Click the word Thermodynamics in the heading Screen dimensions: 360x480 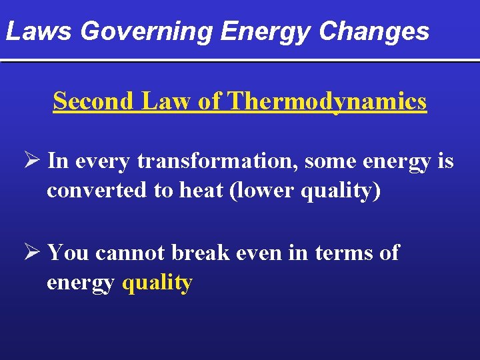[x=327, y=101]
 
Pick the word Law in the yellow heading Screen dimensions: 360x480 [x=155, y=101]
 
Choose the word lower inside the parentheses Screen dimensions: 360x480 [x=263, y=191]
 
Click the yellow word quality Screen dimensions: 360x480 [x=157, y=283]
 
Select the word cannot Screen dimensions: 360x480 [x=131, y=253]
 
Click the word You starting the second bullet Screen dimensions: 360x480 [x=69, y=253]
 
